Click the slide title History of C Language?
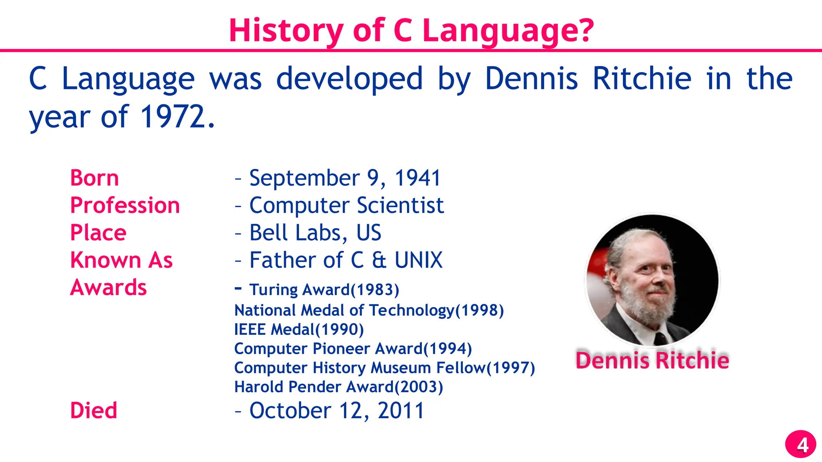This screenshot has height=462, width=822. click(x=411, y=30)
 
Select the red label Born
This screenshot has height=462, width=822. click(x=94, y=178)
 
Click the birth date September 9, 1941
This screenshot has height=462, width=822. click(x=345, y=178)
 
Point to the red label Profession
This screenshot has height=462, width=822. click(x=125, y=205)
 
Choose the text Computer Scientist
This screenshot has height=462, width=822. click(x=346, y=205)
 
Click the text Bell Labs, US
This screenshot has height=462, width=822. click(x=315, y=233)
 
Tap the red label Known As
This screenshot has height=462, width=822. click(x=121, y=260)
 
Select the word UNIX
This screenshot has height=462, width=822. click(x=418, y=260)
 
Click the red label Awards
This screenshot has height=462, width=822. click(x=108, y=288)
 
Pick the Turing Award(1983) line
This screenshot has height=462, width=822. click(x=324, y=290)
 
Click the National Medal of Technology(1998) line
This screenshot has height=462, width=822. click(x=369, y=310)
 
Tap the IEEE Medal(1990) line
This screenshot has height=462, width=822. click(x=299, y=330)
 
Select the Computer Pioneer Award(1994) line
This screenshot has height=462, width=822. click(x=353, y=349)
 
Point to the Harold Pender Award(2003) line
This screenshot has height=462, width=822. click(x=338, y=387)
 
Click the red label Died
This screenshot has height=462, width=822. click(x=94, y=411)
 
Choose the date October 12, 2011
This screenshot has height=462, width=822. click(x=337, y=411)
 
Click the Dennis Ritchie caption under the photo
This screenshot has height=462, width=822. click(x=652, y=360)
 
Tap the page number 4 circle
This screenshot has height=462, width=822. click(x=801, y=444)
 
